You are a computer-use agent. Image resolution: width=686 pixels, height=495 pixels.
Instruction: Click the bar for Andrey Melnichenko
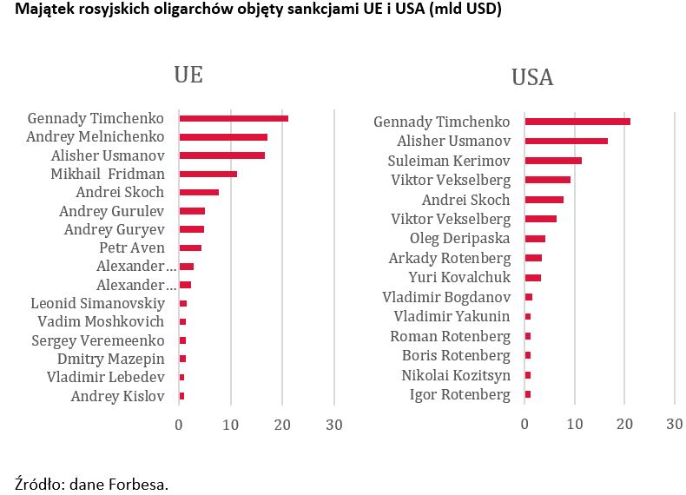click(223, 137)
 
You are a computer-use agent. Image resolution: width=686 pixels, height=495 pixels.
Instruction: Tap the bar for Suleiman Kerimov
click(553, 161)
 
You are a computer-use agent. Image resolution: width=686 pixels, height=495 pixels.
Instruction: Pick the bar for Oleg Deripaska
click(535, 239)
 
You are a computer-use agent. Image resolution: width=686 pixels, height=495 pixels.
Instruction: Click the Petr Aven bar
click(190, 247)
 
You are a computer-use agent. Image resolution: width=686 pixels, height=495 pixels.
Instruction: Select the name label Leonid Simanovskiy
click(97, 303)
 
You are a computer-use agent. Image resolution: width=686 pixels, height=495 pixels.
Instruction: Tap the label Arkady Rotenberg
click(450, 258)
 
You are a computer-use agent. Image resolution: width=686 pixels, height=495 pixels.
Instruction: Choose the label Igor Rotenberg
click(460, 395)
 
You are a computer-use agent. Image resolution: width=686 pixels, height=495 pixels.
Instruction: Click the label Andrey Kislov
click(117, 397)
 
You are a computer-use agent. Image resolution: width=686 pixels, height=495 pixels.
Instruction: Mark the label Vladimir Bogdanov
click(446, 297)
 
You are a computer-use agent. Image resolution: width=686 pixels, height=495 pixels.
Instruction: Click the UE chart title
click(188, 75)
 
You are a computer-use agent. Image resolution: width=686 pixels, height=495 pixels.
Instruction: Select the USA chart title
click(532, 78)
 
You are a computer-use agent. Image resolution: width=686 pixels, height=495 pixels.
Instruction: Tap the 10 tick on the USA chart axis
click(574, 424)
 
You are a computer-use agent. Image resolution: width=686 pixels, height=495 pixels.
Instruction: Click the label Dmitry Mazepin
click(110, 360)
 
